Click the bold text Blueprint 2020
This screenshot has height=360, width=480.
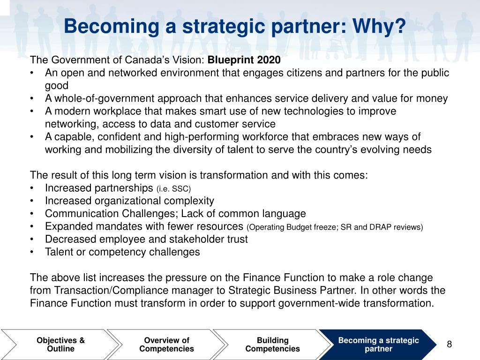pyautogui.click(x=244, y=60)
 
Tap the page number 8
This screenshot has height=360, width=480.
pyautogui.click(x=449, y=345)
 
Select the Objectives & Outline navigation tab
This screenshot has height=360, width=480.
pyautogui.click(x=61, y=345)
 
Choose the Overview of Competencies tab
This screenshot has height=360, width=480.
pyautogui.click(x=166, y=345)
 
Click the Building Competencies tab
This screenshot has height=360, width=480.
pyautogui.click(x=272, y=345)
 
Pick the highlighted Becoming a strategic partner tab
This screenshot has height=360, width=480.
pyautogui.click(x=378, y=345)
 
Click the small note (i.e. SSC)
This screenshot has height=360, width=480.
pyautogui.click(x=174, y=188)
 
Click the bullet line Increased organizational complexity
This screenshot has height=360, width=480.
pyautogui.click(x=129, y=201)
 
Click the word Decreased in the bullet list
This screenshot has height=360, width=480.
pyautogui.click(x=68, y=239)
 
